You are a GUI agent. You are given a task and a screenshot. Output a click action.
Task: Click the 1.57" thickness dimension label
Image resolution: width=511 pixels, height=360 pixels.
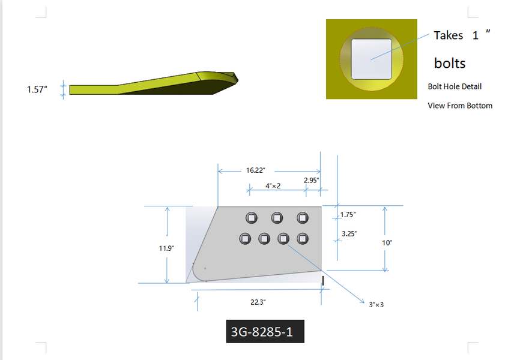(37, 89)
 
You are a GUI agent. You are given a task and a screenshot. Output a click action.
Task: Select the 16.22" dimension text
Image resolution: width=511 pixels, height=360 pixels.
(256, 170)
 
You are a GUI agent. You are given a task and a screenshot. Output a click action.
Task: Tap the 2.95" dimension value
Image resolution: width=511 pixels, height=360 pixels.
(311, 181)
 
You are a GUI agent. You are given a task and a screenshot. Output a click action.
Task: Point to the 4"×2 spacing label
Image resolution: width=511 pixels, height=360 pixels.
(273, 186)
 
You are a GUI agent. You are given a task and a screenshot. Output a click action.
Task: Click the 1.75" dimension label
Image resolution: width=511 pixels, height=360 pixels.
(348, 215)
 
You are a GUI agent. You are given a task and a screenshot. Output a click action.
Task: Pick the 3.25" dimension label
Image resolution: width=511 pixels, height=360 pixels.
(349, 234)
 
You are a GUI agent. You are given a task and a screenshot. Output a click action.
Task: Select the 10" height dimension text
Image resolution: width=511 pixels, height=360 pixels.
(387, 243)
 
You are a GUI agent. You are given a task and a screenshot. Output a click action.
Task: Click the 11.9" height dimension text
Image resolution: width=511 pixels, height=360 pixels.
(166, 248)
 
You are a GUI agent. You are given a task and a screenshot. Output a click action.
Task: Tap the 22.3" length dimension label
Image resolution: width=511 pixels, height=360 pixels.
(258, 302)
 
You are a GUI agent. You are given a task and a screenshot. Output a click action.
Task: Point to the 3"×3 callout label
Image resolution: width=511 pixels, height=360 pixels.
(376, 305)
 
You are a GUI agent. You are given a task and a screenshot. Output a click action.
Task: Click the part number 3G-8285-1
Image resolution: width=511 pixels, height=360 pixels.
(262, 332)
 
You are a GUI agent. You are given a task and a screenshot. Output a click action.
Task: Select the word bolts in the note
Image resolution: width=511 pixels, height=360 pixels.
(450, 63)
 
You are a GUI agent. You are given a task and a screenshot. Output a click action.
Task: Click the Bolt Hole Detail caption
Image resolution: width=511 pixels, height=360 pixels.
(455, 86)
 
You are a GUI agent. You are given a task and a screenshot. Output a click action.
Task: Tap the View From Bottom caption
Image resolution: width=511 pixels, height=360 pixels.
(460, 106)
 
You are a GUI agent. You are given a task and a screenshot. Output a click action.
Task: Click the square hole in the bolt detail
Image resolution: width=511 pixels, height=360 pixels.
(372, 59)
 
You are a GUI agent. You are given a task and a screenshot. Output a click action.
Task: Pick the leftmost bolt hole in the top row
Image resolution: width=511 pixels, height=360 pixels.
(251, 218)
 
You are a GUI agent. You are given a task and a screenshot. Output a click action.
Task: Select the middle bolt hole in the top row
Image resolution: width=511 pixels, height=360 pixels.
(277, 218)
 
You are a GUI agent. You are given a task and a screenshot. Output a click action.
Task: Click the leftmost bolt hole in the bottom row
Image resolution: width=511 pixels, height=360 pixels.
(245, 239)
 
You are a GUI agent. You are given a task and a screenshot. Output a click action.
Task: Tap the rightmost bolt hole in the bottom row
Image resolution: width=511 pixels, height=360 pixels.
(303, 239)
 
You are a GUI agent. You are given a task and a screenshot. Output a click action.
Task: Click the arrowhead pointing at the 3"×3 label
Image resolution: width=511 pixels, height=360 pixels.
(363, 301)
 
